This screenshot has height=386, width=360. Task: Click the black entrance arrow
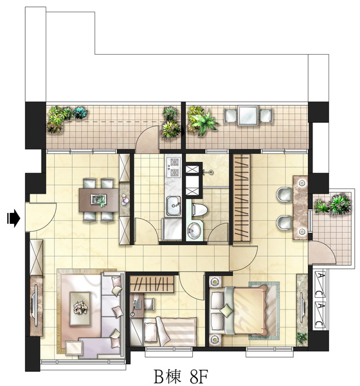14,218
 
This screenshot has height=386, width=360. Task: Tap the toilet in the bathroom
199,210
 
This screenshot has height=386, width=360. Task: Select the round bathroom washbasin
194,231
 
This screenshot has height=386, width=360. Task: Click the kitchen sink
173,206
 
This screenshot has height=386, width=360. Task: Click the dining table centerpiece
98,199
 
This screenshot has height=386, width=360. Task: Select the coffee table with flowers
80,309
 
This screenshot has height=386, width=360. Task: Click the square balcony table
248,116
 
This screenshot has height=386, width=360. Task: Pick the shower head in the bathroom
210,172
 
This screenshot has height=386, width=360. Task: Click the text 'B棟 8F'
181,376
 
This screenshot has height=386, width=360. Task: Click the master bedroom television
303,306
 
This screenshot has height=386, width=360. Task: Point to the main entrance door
41,217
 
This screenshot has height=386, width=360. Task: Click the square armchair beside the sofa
74,348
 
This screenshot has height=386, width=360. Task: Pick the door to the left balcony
148,140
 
